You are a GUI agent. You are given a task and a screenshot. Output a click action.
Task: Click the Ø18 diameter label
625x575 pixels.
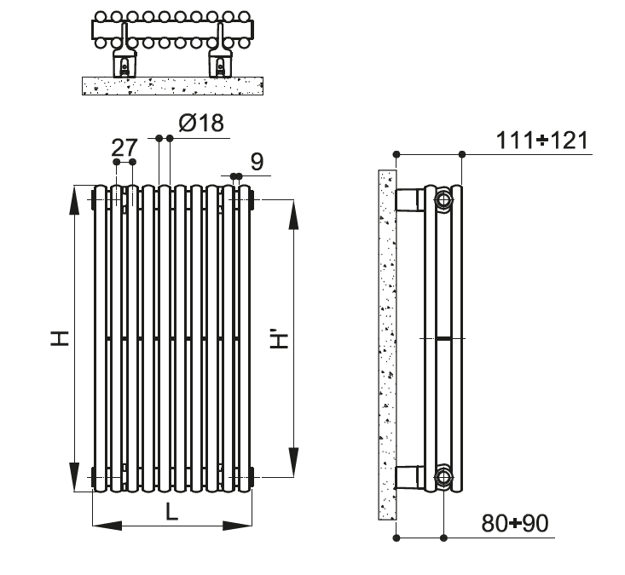tap(200, 124)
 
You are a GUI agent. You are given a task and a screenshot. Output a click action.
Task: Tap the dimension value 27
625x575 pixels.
tap(124, 145)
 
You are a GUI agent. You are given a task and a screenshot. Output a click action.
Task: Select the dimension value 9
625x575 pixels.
tap(256, 160)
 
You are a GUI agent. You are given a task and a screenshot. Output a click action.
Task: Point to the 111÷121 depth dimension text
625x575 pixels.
tap(543, 141)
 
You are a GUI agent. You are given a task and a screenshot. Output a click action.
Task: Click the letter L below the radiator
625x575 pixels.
tap(171, 512)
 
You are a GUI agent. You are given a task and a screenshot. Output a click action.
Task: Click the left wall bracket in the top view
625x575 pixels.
tap(125, 62)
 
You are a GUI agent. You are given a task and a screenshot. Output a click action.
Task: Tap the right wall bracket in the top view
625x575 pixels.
tap(222, 62)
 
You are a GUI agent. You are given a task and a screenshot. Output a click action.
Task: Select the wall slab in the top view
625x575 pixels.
tap(171, 85)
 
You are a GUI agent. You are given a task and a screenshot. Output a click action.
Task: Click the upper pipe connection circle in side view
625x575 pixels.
tap(444, 202)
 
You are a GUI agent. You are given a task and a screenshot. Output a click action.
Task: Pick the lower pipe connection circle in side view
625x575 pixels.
tap(444, 476)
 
